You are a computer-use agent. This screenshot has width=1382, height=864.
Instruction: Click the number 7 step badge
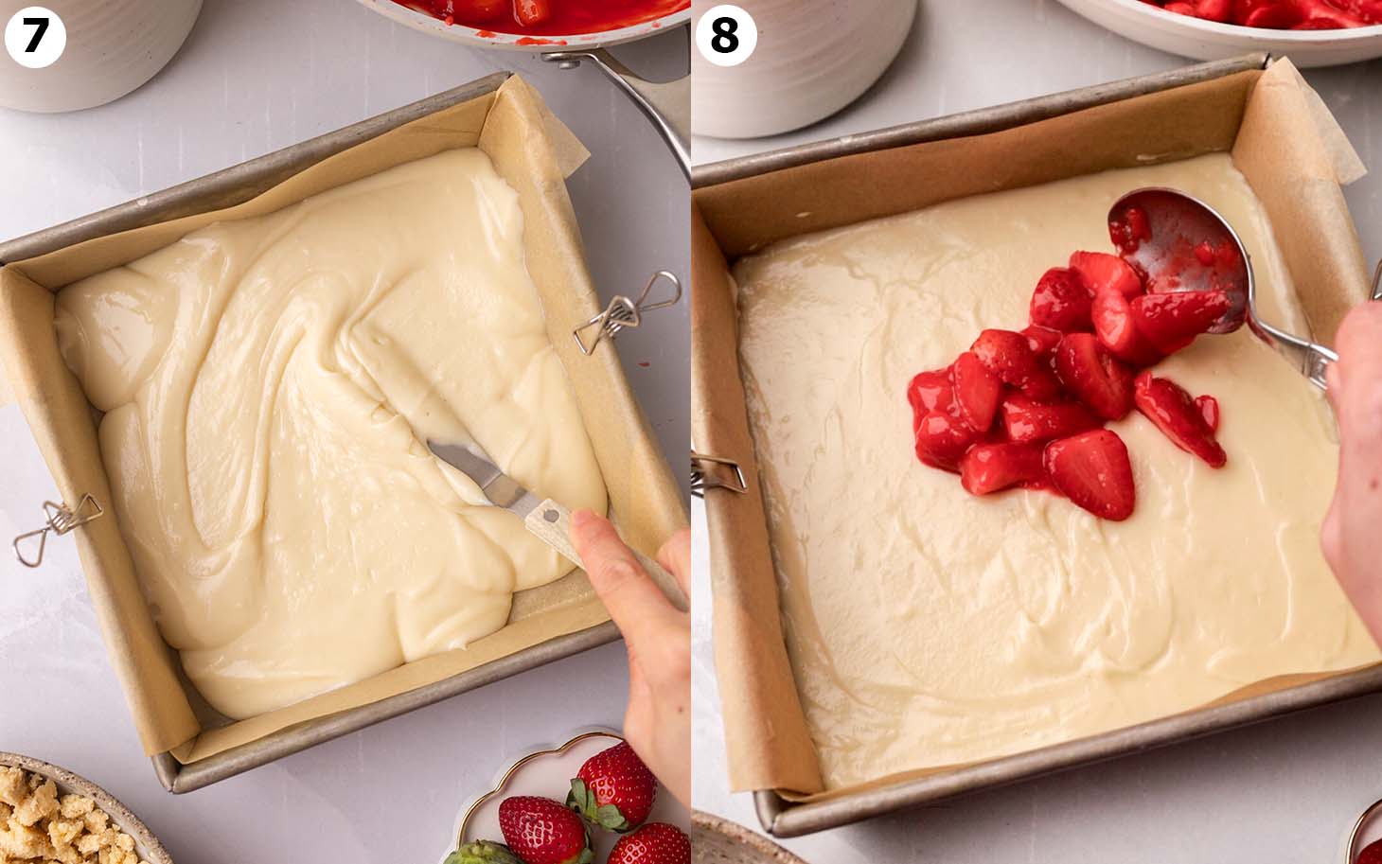[x=35, y=36]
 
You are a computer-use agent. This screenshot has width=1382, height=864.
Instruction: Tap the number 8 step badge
[x=725, y=36]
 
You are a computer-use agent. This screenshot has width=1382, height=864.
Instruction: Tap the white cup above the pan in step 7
[x=99, y=47]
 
